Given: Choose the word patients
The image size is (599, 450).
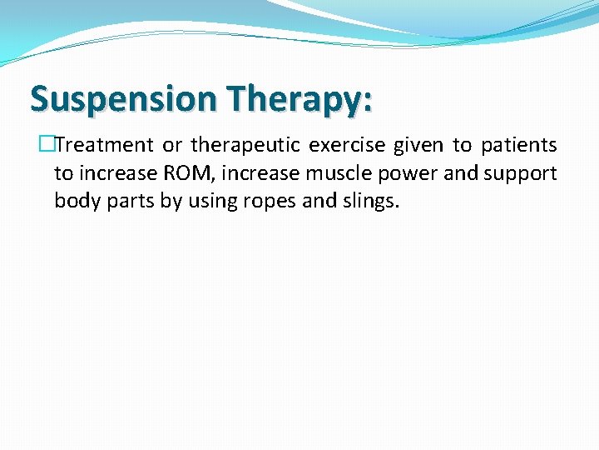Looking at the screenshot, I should (x=518, y=146).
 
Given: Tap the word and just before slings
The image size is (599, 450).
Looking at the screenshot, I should (x=315, y=201).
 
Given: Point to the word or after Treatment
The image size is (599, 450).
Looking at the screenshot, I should (x=172, y=146).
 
